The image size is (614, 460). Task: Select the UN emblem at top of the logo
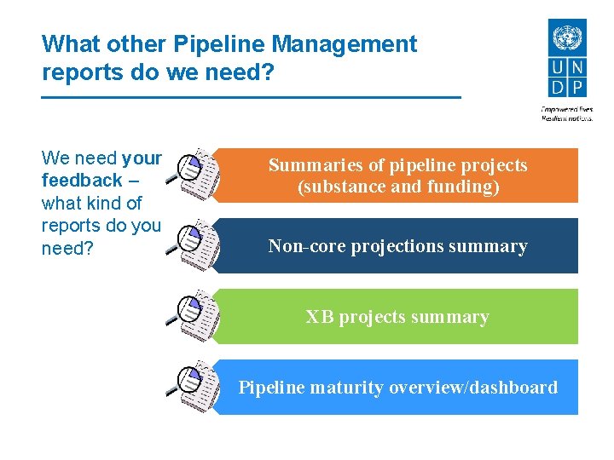click(565, 38)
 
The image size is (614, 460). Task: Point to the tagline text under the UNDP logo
click(567, 113)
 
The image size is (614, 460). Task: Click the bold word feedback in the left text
click(82, 181)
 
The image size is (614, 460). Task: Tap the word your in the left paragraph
click(142, 158)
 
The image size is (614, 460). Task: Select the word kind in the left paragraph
click(101, 204)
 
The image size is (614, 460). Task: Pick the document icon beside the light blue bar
click(194, 386)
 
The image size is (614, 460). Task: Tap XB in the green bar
click(320, 317)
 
